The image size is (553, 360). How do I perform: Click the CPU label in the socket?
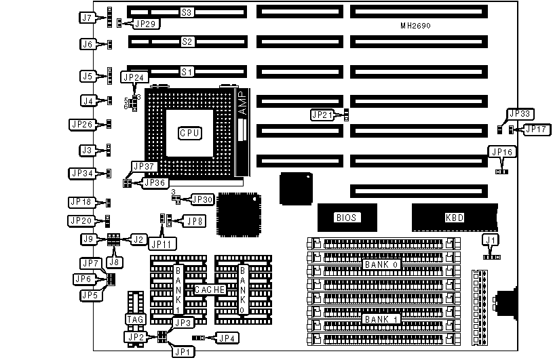tap(189, 133)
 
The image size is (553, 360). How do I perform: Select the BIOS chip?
tap(347, 218)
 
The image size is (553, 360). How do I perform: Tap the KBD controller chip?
tap(454, 218)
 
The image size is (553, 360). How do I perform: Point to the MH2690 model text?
tap(416, 26)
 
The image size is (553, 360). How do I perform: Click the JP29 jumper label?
tap(145, 24)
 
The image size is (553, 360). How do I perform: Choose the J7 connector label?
tap(86, 18)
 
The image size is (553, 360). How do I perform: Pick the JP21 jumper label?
tap(322, 115)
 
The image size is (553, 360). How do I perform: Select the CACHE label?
tap(209, 289)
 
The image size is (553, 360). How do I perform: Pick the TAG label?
tap(136, 319)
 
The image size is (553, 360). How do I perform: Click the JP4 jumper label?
tap(225, 337)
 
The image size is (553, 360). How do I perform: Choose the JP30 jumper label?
tap(202, 199)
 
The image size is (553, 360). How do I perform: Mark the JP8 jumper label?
tap(194, 220)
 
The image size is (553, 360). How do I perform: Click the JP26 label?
tap(82, 124)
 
